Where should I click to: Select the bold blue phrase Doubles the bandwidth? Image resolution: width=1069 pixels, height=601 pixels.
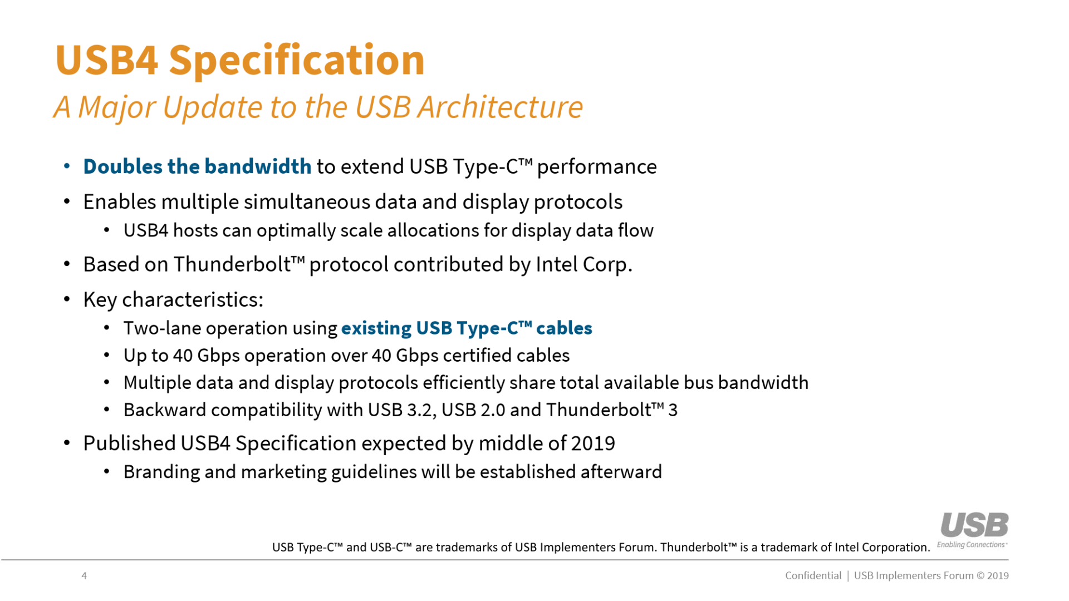(x=197, y=167)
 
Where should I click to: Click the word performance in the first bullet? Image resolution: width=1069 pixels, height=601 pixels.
(x=597, y=167)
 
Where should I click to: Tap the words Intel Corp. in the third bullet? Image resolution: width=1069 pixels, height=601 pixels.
(x=583, y=265)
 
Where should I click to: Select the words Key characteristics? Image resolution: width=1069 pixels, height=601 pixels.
(x=173, y=300)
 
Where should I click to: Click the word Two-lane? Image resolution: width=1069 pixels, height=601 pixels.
(x=162, y=328)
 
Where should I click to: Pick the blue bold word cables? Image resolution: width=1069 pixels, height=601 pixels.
(x=564, y=328)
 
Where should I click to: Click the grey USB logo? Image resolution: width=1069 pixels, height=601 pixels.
(x=974, y=525)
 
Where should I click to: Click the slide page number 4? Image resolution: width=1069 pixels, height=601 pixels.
(x=84, y=576)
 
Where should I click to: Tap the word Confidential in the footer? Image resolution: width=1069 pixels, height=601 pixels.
(x=813, y=576)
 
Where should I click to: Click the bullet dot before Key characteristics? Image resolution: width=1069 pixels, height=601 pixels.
(x=67, y=300)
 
